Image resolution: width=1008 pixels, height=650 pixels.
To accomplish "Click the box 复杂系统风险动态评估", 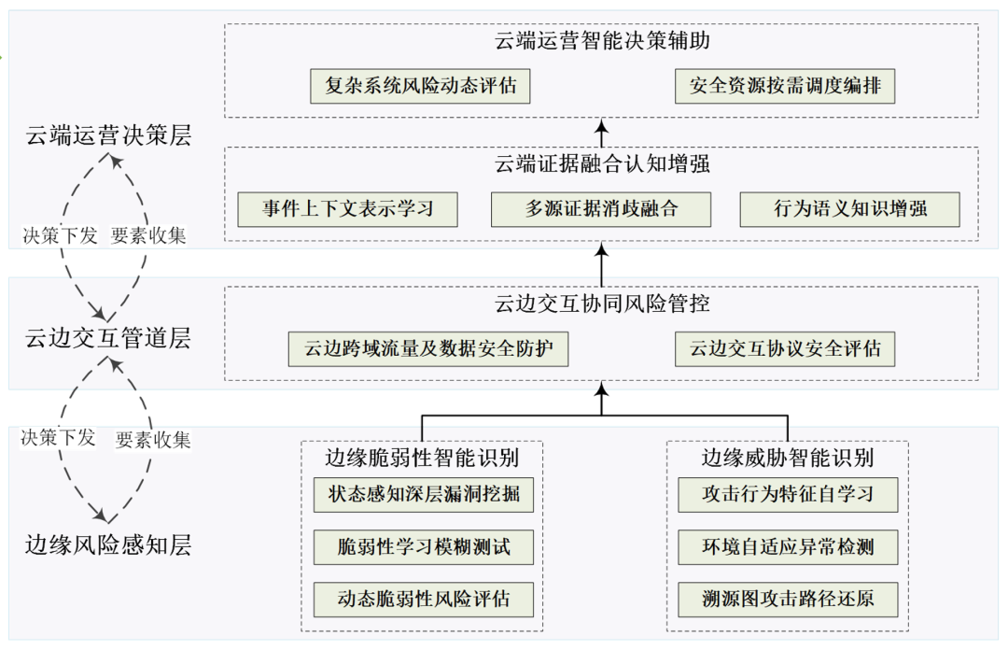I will pos(420,87).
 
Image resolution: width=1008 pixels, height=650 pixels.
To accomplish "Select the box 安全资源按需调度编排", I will pos(785,87).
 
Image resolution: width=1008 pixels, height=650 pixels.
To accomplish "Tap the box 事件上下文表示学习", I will pos(348,209).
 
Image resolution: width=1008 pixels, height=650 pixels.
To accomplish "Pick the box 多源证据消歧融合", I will pos(601,209).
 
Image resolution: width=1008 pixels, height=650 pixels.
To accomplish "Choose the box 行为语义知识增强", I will pos(849,209).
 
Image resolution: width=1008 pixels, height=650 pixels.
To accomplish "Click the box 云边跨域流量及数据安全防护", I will pos(428,349).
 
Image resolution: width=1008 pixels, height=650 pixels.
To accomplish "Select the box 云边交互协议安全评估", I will pos(785,349).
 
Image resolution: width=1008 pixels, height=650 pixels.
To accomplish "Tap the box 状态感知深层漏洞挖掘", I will pos(424,494).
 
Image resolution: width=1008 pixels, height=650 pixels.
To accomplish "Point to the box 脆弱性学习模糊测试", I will pos(424,546).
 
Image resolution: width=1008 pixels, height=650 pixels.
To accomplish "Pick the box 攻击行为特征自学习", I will pos(788,494).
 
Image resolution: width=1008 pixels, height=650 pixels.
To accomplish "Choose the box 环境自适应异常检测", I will pos(788,546).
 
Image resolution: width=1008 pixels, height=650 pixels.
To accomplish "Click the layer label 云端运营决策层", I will pos(108,135).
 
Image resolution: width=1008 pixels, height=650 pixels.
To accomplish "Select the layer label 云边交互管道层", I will pos(108,338).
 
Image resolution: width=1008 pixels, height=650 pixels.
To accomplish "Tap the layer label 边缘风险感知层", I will pos(108,545).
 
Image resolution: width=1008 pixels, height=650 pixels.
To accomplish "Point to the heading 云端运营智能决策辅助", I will pos(602,42).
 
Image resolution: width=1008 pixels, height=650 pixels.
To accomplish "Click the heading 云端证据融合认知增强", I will pos(602,164).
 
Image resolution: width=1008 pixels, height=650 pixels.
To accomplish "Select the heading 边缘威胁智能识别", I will pos(788,458).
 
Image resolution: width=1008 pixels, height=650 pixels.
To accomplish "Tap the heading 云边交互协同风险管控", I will pos(602,304).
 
